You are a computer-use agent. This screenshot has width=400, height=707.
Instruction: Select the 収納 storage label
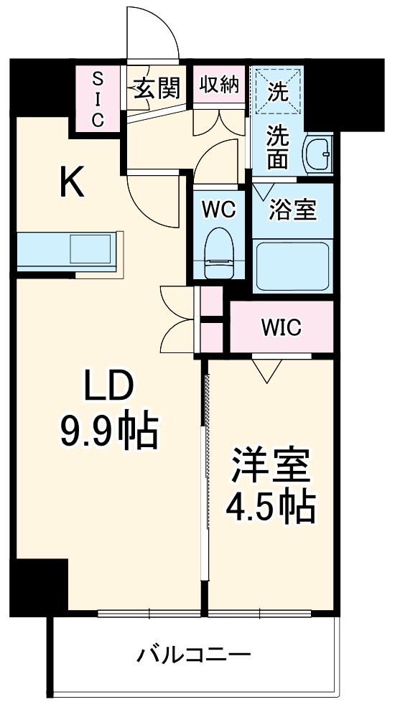(x=218, y=85)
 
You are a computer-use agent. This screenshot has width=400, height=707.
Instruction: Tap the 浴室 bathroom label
(x=292, y=211)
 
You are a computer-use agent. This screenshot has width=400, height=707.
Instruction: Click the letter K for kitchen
(x=71, y=183)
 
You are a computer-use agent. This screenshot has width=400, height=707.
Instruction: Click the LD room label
(x=108, y=388)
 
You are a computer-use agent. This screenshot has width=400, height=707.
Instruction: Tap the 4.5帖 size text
(x=271, y=508)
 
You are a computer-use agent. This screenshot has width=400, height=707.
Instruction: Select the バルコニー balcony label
(x=193, y=655)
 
